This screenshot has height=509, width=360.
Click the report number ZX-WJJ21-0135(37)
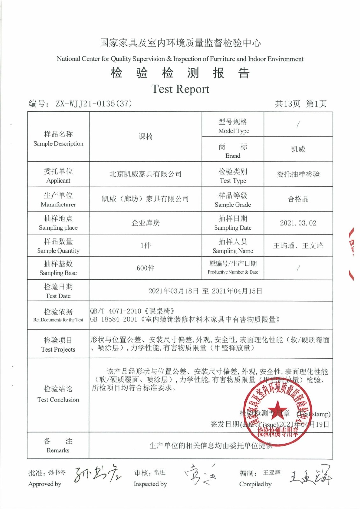pyautogui.click(x=94, y=103)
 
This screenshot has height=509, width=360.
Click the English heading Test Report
pyautogui.click(x=180, y=89)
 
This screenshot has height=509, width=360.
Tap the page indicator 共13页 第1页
pyautogui.click(x=300, y=103)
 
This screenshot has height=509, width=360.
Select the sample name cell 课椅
pyautogui.click(x=145, y=136)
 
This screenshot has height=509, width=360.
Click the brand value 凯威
pyautogui.click(x=298, y=149)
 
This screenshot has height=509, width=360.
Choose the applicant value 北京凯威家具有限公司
pyautogui.click(x=145, y=174)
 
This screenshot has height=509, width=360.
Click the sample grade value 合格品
pyautogui.click(x=298, y=199)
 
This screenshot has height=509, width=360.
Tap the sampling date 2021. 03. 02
pyautogui.click(x=298, y=223)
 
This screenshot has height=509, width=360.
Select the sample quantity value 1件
pyautogui.click(x=145, y=245)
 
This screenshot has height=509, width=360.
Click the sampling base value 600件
pyautogui.click(x=145, y=268)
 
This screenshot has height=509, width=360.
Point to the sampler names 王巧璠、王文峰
pyautogui.click(x=298, y=246)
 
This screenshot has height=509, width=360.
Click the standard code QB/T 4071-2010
pyautogui.click(x=116, y=311)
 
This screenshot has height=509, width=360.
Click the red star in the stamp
pyautogui.click(x=277, y=409)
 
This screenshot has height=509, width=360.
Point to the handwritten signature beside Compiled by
pyautogui.click(x=310, y=476)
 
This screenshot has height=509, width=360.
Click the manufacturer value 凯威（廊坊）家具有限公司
pyautogui.click(x=145, y=199)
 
